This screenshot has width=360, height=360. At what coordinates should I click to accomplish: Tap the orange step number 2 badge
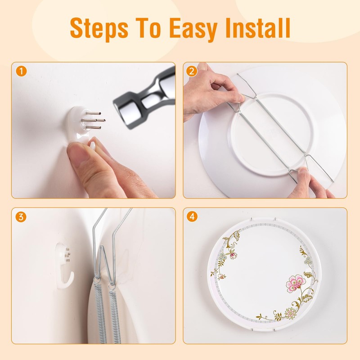[x=193, y=71]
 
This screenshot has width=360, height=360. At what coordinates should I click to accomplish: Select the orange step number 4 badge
[x=193, y=217]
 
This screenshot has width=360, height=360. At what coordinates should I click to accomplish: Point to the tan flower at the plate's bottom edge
[x=291, y=312]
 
